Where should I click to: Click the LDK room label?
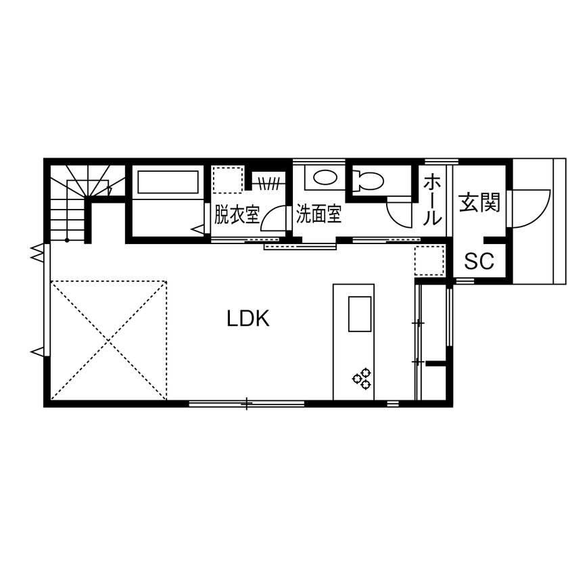pyautogui.click(x=248, y=318)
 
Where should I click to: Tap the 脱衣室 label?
pyautogui.click(x=237, y=214)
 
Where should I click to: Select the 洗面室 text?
pyautogui.click(x=318, y=214)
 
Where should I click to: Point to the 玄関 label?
pyautogui.click(x=479, y=202)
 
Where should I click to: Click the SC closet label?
pyautogui.click(x=479, y=261)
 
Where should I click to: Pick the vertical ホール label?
pyautogui.click(x=432, y=199)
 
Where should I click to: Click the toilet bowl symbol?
pyautogui.click(x=368, y=180)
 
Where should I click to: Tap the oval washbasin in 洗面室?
pyautogui.click(x=325, y=178)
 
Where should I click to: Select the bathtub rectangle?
pyautogui.click(x=168, y=182)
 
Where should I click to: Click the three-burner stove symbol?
pyautogui.click(x=362, y=379)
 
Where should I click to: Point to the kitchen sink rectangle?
pyautogui.click(x=360, y=314)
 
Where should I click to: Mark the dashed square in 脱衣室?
pyautogui.click(x=227, y=180)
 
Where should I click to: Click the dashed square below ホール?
pyautogui.click(x=429, y=260)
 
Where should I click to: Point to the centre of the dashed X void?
pyautogui.click(x=109, y=341)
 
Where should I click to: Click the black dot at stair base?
pyautogui.click(x=67, y=240)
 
